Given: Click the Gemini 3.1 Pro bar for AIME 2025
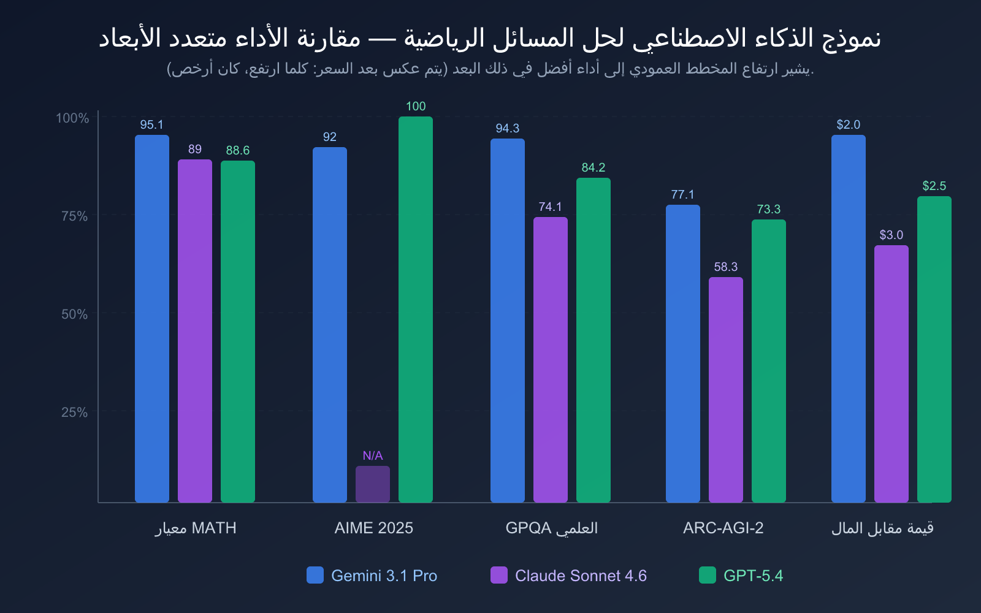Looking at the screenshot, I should (x=330, y=325).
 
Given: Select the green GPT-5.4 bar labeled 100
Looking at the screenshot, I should (x=416, y=310).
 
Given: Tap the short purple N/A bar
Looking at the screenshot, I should (x=373, y=484).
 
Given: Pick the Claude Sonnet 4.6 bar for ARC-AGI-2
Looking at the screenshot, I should (x=726, y=390).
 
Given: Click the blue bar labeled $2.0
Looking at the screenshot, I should (x=849, y=319).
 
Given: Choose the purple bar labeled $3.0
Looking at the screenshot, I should (x=891, y=374).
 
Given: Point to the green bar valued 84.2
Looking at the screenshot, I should (x=594, y=340).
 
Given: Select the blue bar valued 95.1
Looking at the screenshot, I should (x=152, y=319).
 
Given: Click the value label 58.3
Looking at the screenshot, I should (x=726, y=267).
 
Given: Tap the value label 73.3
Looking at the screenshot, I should (x=769, y=210).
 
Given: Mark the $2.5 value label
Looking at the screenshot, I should (x=934, y=186).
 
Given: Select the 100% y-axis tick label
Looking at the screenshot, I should (x=73, y=118).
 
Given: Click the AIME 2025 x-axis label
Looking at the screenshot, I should (x=374, y=528).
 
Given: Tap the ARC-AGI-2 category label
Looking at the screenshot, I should (x=723, y=528).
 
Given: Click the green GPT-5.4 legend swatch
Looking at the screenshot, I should (x=708, y=575).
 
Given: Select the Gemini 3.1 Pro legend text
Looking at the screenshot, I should (x=384, y=576).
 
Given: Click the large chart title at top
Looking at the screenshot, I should (x=490, y=38).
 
